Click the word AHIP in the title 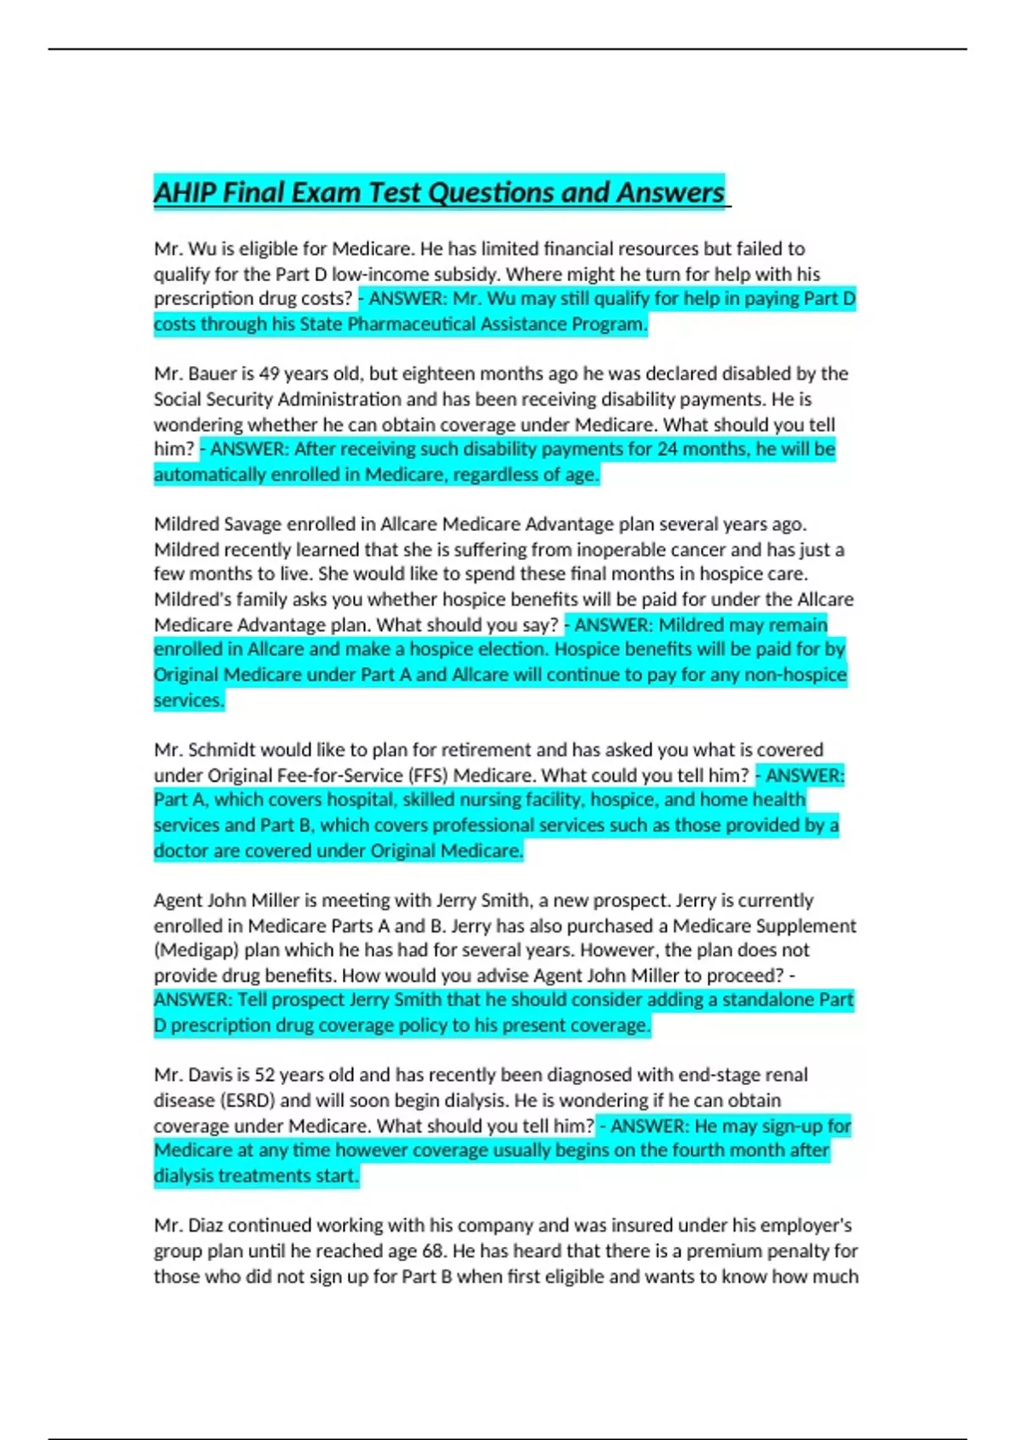coord(185,193)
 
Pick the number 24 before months coord(667,449)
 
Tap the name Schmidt coord(224,750)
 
